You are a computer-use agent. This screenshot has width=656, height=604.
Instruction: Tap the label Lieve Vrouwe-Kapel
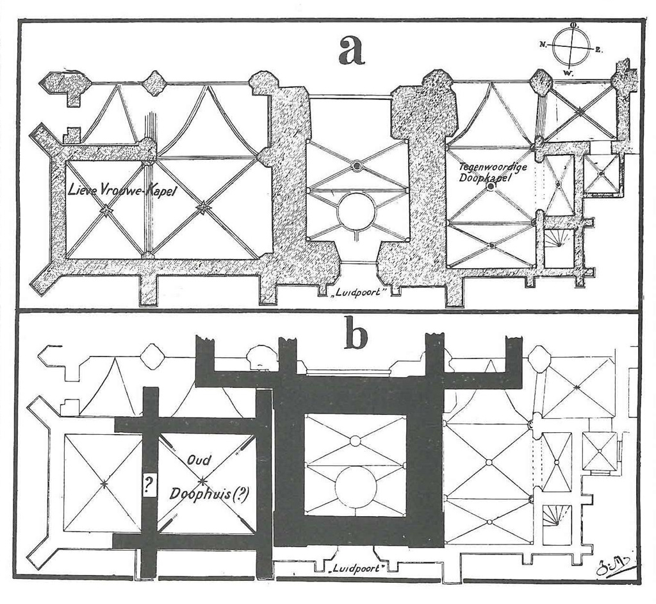click(x=122, y=192)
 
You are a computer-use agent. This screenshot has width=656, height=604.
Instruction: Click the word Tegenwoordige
click(x=493, y=167)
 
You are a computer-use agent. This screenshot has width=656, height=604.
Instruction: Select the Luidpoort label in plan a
click(x=357, y=292)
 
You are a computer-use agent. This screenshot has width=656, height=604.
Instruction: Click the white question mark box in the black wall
click(x=149, y=485)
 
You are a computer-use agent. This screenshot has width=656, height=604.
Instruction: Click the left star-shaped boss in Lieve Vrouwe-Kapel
click(x=106, y=211)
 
